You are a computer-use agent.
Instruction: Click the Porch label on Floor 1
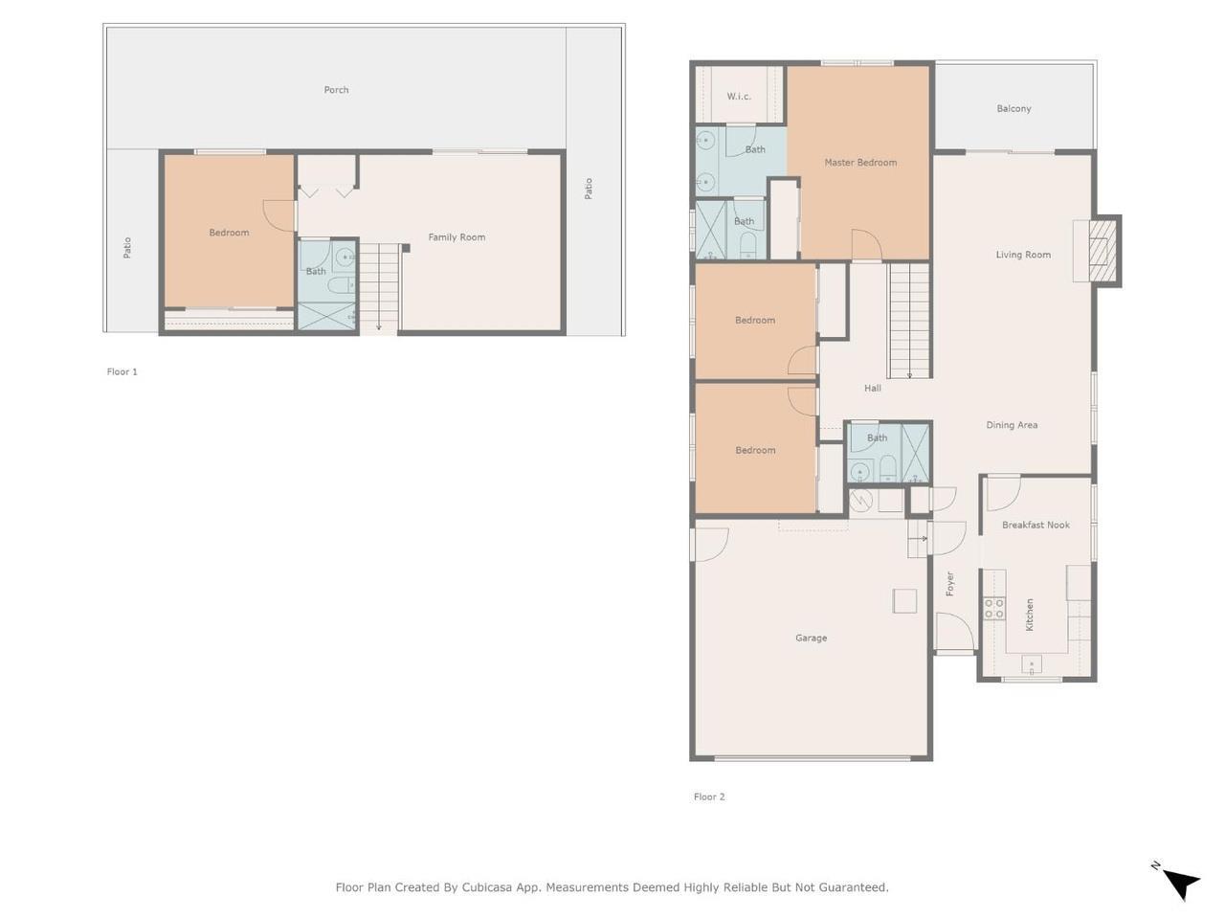point(336,90)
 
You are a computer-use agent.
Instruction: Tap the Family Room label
point(457,237)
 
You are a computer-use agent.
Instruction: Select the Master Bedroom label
point(860,163)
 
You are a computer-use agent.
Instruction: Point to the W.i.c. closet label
point(738,97)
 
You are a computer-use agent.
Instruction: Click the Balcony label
point(1013,109)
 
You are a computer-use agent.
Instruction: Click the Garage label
point(811,638)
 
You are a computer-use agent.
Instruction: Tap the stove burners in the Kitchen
point(994,608)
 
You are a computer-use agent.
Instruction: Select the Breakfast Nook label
point(1036,525)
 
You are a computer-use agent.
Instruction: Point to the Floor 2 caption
point(709,796)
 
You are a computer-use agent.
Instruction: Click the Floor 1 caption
point(122,371)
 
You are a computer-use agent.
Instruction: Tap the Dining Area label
point(1012,425)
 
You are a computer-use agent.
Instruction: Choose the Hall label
point(872,389)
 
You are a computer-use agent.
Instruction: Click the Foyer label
point(950,584)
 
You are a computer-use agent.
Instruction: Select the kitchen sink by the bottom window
point(1032,664)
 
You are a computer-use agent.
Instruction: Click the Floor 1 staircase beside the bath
point(380,288)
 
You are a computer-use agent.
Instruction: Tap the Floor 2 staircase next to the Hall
point(909,321)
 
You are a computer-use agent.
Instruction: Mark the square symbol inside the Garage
point(904,601)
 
